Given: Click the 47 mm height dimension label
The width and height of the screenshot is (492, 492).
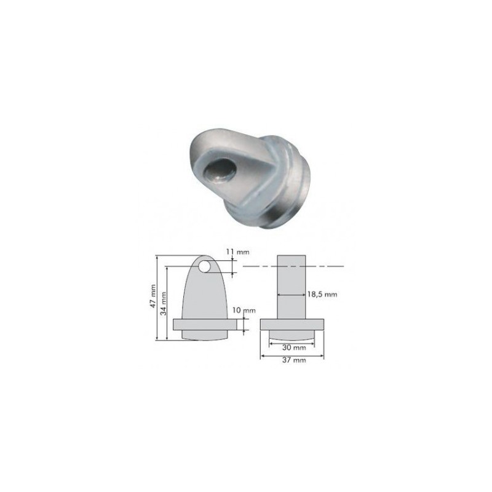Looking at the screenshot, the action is click(x=153, y=296).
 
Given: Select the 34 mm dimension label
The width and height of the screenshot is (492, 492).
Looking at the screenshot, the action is click(x=164, y=303).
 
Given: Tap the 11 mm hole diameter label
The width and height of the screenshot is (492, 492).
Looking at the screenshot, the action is click(x=237, y=252).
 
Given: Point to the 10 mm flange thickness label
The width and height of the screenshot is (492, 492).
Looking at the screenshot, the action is click(x=244, y=311).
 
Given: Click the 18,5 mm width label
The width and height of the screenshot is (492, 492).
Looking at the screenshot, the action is click(x=322, y=295).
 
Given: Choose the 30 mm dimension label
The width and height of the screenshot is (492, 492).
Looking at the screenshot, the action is click(x=291, y=347).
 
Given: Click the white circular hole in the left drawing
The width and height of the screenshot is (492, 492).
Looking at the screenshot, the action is click(x=205, y=266).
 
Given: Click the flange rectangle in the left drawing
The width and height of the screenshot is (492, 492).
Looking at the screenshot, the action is click(x=205, y=325).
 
